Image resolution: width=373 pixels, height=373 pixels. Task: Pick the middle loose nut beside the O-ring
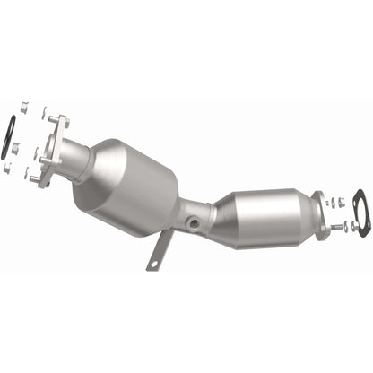(x=16, y=147)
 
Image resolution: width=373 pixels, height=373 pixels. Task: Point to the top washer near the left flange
(x=43, y=113)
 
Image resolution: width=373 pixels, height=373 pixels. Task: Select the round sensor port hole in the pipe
(x=191, y=221)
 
